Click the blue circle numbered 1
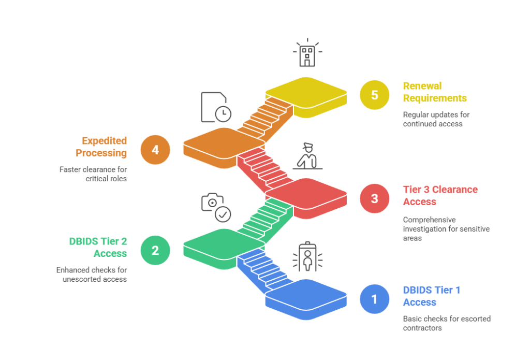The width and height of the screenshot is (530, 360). pyautogui.click(x=374, y=299)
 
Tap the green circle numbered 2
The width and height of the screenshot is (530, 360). pyautogui.click(x=155, y=250)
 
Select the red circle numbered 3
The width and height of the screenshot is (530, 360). pyautogui.click(x=374, y=198)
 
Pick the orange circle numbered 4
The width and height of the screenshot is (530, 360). pyautogui.click(x=155, y=150)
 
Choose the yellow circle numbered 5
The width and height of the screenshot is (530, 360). pyautogui.click(x=374, y=95)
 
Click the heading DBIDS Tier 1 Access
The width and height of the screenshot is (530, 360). pyautogui.click(x=431, y=296)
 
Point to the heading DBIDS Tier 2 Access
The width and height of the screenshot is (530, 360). pyautogui.click(x=98, y=247)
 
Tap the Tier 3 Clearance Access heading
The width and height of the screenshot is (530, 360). pyautogui.click(x=440, y=195)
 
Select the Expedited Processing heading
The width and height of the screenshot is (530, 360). pyautogui.click(x=101, y=147)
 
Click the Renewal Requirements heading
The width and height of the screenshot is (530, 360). pyautogui.click(x=435, y=92)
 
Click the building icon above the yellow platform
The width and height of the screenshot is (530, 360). pyautogui.click(x=307, y=53)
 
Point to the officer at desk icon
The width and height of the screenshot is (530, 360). pyautogui.click(x=307, y=156)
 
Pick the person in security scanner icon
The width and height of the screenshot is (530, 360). pyautogui.click(x=307, y=257)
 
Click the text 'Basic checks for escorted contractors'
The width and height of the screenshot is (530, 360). pyautogui.click(x=447, y=323)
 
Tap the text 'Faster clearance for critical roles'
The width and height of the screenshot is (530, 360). pyautogui.click(x=93, y=174)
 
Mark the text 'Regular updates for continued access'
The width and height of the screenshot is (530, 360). pyautogui.click(x=436, y=119)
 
